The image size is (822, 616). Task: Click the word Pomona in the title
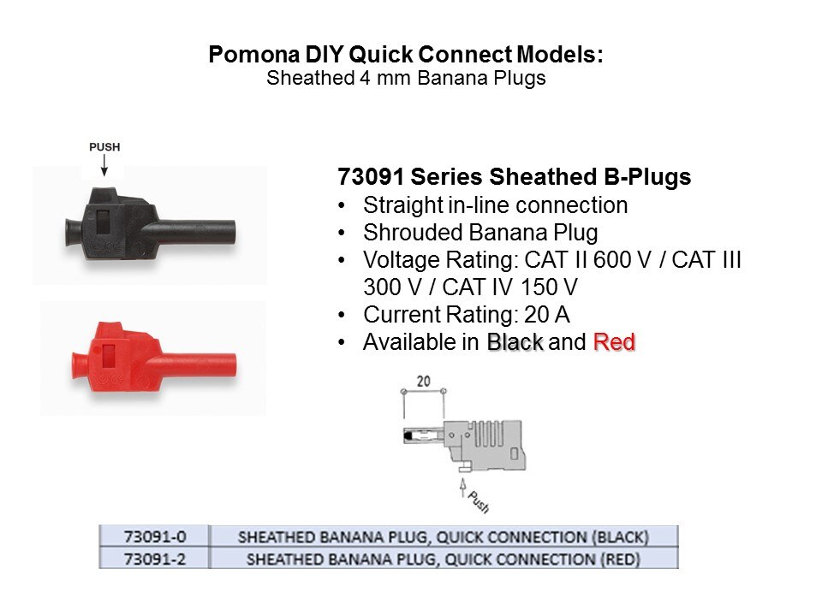pyautogui.click(x=254, y=55)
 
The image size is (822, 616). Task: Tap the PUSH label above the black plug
pyautogui.click(x=104, y=147)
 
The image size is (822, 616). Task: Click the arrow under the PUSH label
pyautogui.click(x=104, y=165)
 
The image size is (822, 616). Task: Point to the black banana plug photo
pyautogui.click(x=151, y=224)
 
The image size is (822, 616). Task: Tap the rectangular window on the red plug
pyautogui.click(x=109, y=355)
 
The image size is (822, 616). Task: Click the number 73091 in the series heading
pyautogui.click(x=370, y=177)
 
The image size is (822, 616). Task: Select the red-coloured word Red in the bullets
pyautogui.click(x=614, y=342)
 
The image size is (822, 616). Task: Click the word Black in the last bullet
pyautogui.click(x=515, y=342)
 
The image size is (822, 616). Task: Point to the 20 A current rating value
pyautogui.click(x=547, y=315)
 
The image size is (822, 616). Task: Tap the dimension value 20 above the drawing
pyautogui.click(x=424, y=382)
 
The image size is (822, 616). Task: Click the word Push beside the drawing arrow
pyautogui.click(x=478, y=502)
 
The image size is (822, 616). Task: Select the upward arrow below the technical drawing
pyautogui.click(x=463, y=488)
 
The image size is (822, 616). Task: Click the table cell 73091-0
pyautogui.click(x=155, y=537)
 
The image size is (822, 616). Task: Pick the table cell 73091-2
pyautogui.click(x=155, y=559)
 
